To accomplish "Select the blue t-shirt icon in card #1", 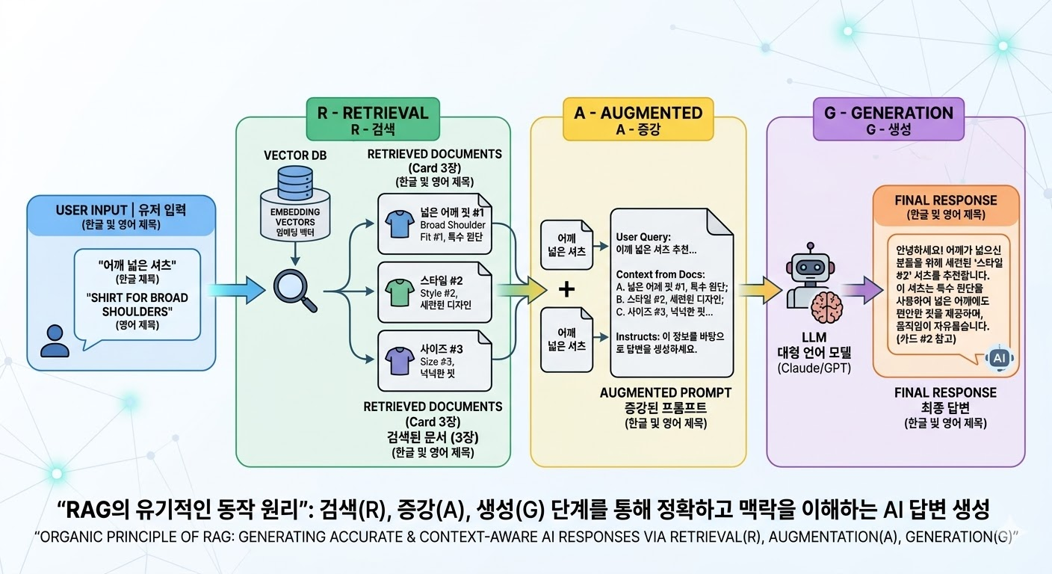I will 397,222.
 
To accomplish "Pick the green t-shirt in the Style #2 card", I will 397,290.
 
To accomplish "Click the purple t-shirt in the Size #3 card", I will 397,358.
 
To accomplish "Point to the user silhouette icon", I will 55,340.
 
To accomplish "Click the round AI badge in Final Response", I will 999,359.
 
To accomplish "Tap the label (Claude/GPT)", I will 814,368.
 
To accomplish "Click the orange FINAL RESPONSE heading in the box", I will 945,200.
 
